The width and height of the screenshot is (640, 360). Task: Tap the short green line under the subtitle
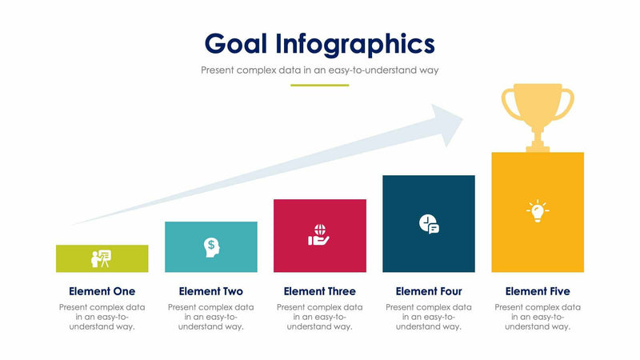[x=320, y=85]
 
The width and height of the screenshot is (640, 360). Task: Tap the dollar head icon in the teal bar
[x=211, y=246]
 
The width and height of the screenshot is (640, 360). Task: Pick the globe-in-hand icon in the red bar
[x=319, y=235]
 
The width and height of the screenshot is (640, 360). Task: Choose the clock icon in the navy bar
[x=429, y=224]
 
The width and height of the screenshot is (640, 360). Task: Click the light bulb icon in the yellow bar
[x=538, y=211]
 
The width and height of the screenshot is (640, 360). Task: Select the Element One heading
[x=102, y=291]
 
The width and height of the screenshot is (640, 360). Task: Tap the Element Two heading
[x=211, y=291]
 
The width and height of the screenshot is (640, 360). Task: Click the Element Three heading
[x=319, y=291]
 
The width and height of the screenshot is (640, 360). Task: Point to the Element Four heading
[x=429, y=291]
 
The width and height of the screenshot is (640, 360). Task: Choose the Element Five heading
[x=538, y=291]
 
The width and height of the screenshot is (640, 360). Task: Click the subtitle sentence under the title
[x=320, y=70]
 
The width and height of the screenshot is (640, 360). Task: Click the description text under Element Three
[x=319, y=317]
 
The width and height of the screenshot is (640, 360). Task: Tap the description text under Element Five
[x=538, y=317]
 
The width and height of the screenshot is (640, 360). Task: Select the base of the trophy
[x=538, y=147]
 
